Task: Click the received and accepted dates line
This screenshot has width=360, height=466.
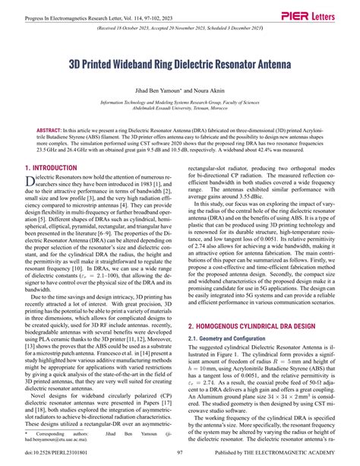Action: [x=180, y=33]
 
